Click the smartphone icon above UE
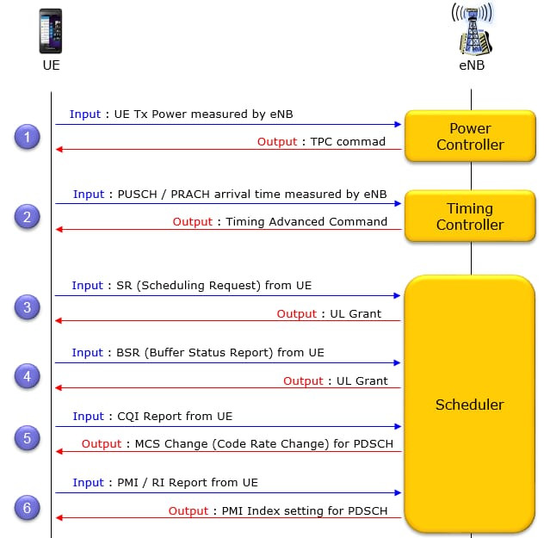(50, 31)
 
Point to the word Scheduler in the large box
(470, 405)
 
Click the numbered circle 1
(28, 137)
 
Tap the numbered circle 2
(28, 217)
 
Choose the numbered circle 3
(28, 307)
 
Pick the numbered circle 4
(28, 376)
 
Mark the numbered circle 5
(28, 438)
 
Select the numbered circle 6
(28, 508)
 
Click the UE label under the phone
(51, 65)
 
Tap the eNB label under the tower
(470, 65)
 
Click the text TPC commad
(348, 141)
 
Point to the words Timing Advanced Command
(306, 221)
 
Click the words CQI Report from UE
(175, 416)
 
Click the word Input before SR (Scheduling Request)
(87, 285)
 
